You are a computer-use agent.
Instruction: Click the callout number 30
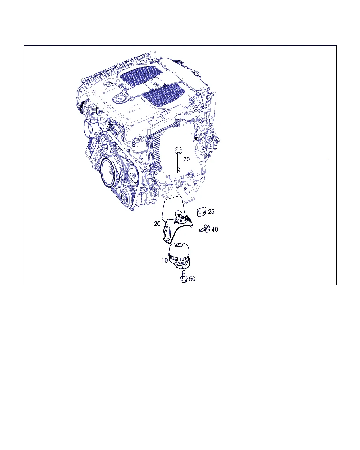click(186, 159)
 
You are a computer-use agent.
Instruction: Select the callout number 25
click(211, 211)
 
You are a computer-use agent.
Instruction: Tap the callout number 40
click(214, 229)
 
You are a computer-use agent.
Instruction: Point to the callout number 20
click(157, 224)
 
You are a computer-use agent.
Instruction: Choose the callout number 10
click(165, 261)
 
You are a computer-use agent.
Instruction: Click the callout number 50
click(192, 279)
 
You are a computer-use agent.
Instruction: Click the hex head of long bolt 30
click(178, 150)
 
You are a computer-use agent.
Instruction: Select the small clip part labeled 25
click(201, 212)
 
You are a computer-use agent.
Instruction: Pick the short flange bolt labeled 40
click(205, 229)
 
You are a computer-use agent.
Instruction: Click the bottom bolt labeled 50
click(184, 276)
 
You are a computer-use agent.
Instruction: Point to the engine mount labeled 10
click(179, 255)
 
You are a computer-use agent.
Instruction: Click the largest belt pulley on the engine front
click(109, 173)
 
